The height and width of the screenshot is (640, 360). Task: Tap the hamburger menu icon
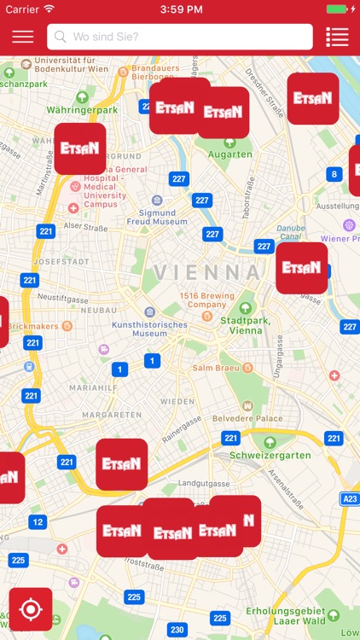tap(23, 37)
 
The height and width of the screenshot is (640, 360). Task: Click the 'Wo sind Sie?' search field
tap(179, 37)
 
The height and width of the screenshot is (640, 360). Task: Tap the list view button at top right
tap(337, 37)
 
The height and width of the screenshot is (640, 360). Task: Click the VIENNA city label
tap(208, 272)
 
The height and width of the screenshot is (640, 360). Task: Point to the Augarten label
tap(230, 154)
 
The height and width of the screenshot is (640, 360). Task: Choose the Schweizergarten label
tap(270, 455)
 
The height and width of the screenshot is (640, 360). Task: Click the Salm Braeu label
tap(214, 368)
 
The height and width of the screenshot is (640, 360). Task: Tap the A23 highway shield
tap(350, 499)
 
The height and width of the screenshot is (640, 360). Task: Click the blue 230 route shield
tap(177, 630)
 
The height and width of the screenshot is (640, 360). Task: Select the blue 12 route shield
tap(38, 521)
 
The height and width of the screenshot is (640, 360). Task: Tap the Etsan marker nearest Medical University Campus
tap(80, 148)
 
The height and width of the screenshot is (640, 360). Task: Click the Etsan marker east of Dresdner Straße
tap(312, 98)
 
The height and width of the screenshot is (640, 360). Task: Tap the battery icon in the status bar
tap(338, 9)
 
